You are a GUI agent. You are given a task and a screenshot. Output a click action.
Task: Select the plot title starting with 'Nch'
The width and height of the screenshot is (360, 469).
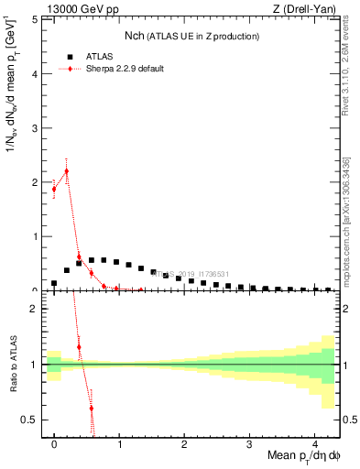191,36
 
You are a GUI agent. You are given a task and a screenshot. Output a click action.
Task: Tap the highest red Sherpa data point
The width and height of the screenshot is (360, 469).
66,171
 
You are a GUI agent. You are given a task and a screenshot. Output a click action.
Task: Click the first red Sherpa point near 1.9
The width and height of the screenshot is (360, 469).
54,189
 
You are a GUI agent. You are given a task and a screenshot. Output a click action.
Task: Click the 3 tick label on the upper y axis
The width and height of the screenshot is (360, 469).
35,128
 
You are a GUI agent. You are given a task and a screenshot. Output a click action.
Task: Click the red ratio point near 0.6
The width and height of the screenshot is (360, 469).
91,408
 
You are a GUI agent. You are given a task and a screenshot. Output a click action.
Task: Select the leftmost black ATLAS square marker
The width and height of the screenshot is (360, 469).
54,283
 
